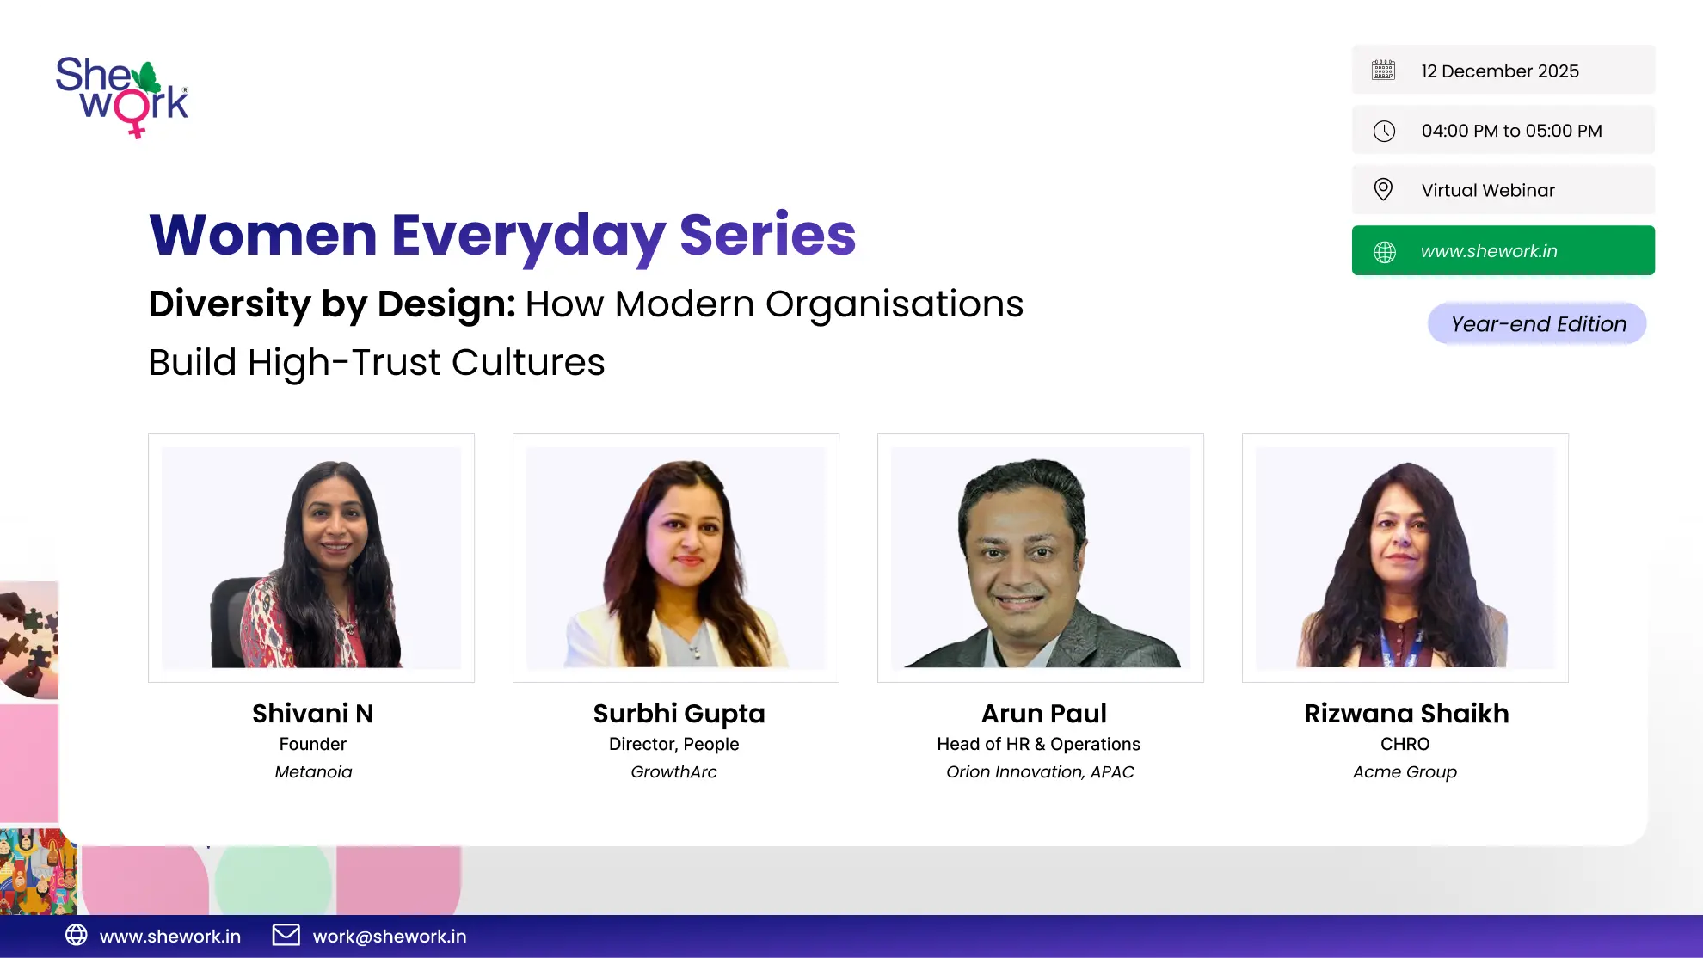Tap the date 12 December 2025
pos(1500,71)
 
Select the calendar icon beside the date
pos(1383,70)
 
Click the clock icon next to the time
pos(1384,131)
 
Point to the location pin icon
pos(1383,189)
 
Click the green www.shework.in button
pos(1503,250)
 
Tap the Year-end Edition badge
pos(1537,324)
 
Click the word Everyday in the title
pos(528,236)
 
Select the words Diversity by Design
pos(332,304)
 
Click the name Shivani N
pos(313,714)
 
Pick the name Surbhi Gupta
pos(679,715)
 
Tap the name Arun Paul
pos(1043,714)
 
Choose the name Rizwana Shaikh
pos(1406,714)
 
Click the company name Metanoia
pos(313,772)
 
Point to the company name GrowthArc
pos(673,772)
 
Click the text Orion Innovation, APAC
pos(1040,772)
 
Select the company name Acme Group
pos(1405,772)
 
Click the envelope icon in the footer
pos(286,935)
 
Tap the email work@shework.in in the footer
pos(390,937)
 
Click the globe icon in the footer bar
pos(77,935)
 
